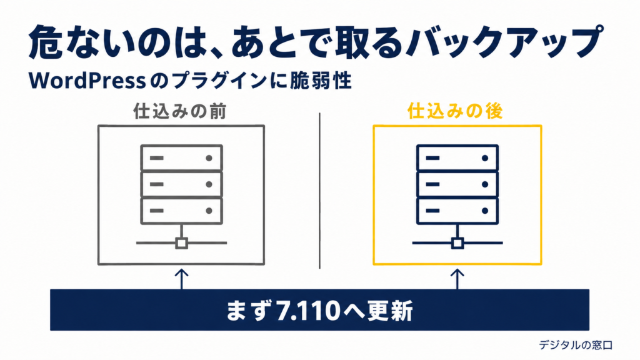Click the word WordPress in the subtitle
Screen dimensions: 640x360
pos(87,81)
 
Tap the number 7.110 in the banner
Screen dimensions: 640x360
pos(308,311)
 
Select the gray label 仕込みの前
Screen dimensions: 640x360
pos(179,111)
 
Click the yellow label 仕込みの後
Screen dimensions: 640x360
pos(455,111)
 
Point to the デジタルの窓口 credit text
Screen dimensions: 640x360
pos(576,345)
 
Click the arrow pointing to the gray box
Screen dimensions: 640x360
pos(182,279)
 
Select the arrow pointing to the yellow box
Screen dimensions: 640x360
pos(457,279)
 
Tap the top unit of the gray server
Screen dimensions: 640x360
pos(182,157)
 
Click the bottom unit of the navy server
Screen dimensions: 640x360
pos(457,211)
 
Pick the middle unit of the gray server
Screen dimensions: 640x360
pos(182,184)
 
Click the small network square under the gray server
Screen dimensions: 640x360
pos(182,243)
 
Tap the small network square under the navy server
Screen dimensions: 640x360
pos(457,243)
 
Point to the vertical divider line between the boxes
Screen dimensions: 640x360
pos(319,191)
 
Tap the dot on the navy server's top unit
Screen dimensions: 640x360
pos(485,158)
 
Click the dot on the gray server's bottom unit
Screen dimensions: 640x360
pos(209,211)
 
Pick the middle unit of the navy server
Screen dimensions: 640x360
pos(457,184)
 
